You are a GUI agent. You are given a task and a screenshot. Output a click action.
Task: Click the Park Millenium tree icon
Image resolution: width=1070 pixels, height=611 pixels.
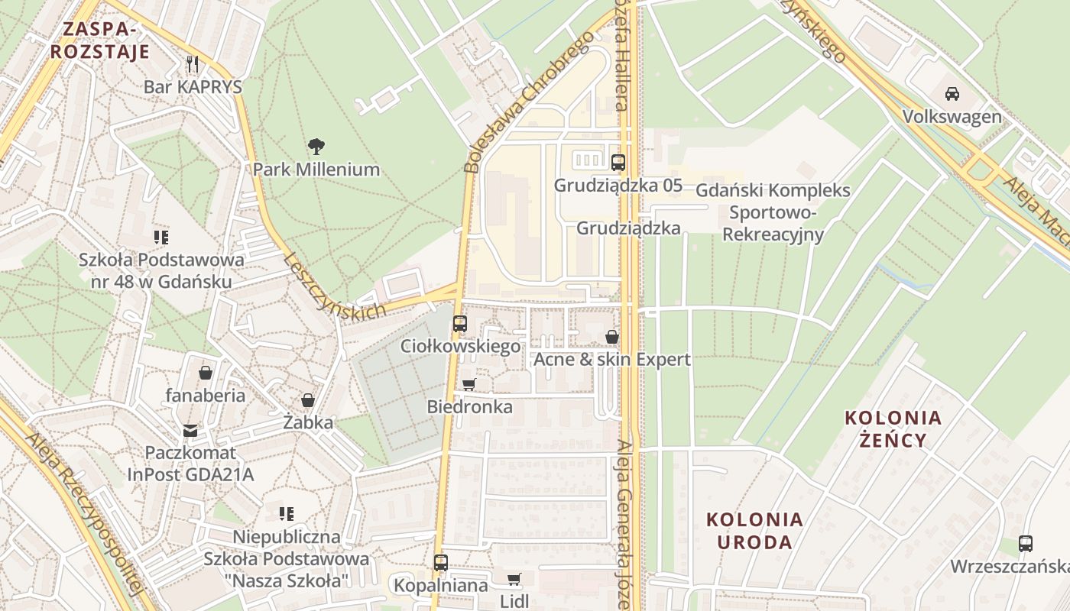(x=316, y=146)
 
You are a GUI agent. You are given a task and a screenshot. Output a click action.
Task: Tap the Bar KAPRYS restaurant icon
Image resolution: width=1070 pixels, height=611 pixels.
(x=193, y=63)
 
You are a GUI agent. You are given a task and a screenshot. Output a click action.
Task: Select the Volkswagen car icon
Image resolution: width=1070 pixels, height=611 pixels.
(x=952, y=94)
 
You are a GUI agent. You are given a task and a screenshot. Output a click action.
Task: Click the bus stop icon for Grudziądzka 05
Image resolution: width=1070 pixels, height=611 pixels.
(x=618, y=162)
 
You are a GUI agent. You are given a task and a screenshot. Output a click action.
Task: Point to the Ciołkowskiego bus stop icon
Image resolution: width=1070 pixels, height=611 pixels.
(x=459, y=323)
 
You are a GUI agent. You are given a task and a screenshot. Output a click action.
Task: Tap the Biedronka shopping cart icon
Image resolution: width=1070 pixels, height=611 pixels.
(x=469, y=384)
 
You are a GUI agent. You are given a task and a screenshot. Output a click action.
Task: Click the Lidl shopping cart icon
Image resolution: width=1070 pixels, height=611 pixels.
(x=514, y=579)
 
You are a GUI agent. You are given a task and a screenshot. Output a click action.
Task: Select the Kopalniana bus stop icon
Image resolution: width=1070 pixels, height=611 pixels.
(x=440, y=563)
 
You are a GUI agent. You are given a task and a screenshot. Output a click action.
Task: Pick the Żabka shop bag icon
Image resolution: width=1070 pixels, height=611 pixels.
(x=308, y=399)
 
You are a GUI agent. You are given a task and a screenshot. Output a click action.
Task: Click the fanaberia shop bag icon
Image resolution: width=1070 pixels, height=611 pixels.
(x=206, y=373)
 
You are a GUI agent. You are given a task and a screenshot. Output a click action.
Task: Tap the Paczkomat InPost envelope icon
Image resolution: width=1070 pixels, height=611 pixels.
(x=190, y=431)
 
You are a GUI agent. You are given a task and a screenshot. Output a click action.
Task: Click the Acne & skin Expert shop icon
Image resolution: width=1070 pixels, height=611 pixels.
(x=611, y=336)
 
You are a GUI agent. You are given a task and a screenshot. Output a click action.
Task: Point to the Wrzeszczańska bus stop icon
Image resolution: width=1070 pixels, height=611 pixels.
(x=1025, y=544)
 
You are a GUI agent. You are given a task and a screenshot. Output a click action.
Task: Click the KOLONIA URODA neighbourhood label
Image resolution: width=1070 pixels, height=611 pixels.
(x=754, y=531)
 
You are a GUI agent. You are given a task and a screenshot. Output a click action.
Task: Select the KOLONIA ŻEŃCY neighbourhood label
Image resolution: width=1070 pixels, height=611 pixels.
(x=893, y=428)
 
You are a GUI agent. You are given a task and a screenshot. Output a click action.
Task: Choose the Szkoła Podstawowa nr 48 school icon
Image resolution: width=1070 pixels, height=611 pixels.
(x=160, y=237)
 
